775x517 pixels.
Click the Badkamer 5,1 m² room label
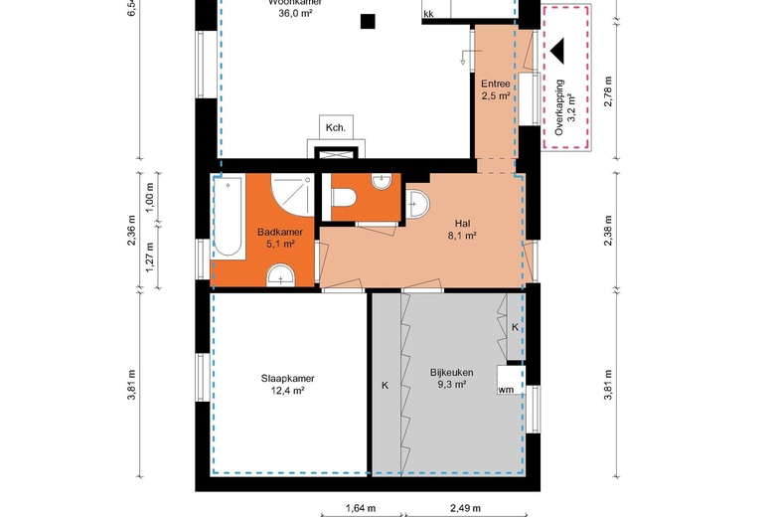pyautogui.click(x=275, y=237)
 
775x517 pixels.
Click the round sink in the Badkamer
pyautogui.click(x=283, y=275)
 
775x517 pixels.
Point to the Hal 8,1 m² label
pyautogui.click(x=463, y=230)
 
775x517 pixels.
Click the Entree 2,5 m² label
pyautogui.click(x=495, y=89)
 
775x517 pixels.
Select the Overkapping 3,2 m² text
pyautogui.click(x=565, y=106)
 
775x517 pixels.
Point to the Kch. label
pyautogui.click(x=336, y=127)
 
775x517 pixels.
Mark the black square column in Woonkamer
pyautogui.click(x=369, y=20)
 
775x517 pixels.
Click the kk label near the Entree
pyautogui.click(x=428, y=14)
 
